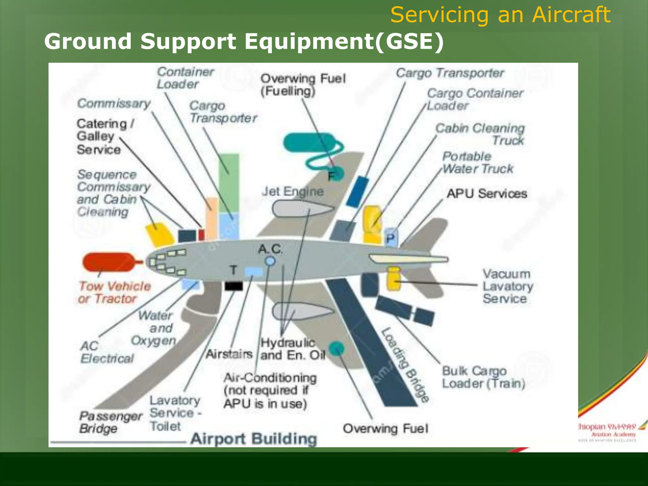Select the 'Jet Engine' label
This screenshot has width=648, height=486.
click(293, 192)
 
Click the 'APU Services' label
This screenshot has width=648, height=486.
click(487, 194)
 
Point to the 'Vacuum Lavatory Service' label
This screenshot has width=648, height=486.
click(508, 286)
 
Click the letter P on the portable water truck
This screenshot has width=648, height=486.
click(391, 238)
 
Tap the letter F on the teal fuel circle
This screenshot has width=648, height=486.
click(331, 176)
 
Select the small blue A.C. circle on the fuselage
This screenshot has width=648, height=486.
click(270, 261)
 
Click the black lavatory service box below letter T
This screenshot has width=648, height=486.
click(234, 286)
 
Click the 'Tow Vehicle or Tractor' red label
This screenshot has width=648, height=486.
click(115, 292)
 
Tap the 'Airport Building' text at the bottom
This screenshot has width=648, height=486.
click(254, 439)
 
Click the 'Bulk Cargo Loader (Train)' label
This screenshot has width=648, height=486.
click(483, 377)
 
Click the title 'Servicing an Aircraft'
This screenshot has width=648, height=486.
click(500, 15)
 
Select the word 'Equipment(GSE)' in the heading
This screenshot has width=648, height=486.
click(344, 41)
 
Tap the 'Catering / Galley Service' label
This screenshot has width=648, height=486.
click(104, 136)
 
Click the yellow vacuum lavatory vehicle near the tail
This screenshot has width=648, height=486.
click(394, 279)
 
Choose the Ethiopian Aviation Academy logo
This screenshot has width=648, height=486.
click(607, 432)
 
